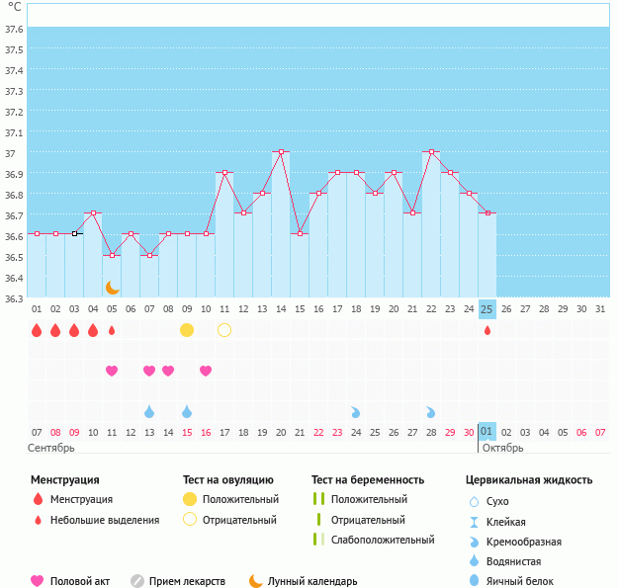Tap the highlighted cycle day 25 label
pos(486,309)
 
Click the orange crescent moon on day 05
pos(112,288)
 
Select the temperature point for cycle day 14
pos(281,152)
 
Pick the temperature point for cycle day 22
pos(431,152)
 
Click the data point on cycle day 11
pos(224,173)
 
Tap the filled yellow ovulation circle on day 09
pos(187,329)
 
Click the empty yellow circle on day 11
pos(224,329)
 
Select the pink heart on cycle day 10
pos(206,371)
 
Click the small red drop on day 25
pos(486,330)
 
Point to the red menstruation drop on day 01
pos(37,329)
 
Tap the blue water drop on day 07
pos(149,411)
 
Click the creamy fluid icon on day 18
pos(356,411)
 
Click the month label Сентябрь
pos(51,448)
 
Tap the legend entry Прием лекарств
pos(187,582)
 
